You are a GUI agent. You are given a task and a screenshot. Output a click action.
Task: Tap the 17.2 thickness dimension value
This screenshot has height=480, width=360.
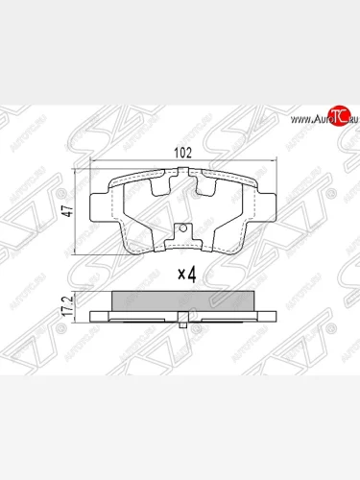tap(67, 304)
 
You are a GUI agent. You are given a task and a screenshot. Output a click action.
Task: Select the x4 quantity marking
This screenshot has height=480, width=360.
tap(187, 275)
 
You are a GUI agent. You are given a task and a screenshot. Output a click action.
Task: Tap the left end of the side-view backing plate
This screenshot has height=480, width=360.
tap(91, 315)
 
